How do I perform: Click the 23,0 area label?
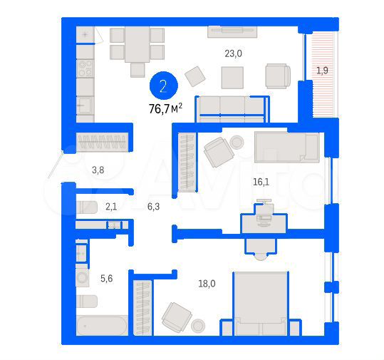pyautogui.click(x=234, y=52)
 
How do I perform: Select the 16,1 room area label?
pyautogui.click(x=261, y=182)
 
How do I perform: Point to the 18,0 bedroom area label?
pyautogui.click(x=207, y=283)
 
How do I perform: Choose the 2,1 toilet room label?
pyautogui.click(x=111, y=207)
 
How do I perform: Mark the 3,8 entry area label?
pyautogui.click(x=98, y=170)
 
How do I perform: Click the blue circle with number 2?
pyautogui.click(x=164, y=87)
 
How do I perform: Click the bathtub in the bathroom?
pyautogui.click(x=101, y=326)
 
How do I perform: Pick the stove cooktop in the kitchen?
pyautogui.click(x=85, y=68)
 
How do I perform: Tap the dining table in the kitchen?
pyautogui.click(x=137, y=45)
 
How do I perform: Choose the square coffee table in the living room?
pyautogui.click(x=232, y=76)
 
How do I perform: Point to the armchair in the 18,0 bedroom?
pyautogui.click(x=175, y=315)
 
